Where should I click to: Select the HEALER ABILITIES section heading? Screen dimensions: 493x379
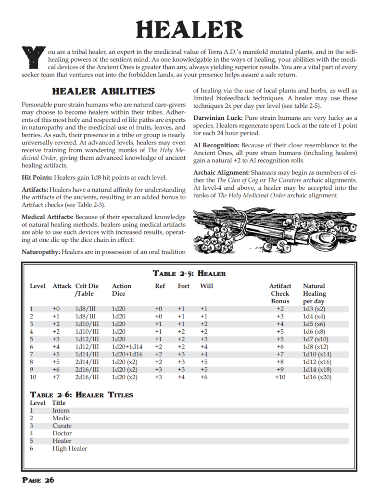(x=103, y=91)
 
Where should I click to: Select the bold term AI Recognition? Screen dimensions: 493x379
(x=216, y=145)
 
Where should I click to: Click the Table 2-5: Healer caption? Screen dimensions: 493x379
(x=189, y=273)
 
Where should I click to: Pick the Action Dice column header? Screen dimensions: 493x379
(x=122, y=289)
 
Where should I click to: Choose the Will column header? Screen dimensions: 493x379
(x=206, y=286)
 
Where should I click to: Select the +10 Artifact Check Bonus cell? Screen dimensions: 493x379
(x=280, y=377)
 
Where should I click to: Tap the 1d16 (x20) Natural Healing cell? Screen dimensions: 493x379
(x=317, y=377)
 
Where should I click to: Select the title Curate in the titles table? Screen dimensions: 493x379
(x=62, y=426)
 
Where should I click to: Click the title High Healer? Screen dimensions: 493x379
(x=70, y=448)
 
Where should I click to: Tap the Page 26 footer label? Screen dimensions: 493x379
(x=38, y=480)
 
